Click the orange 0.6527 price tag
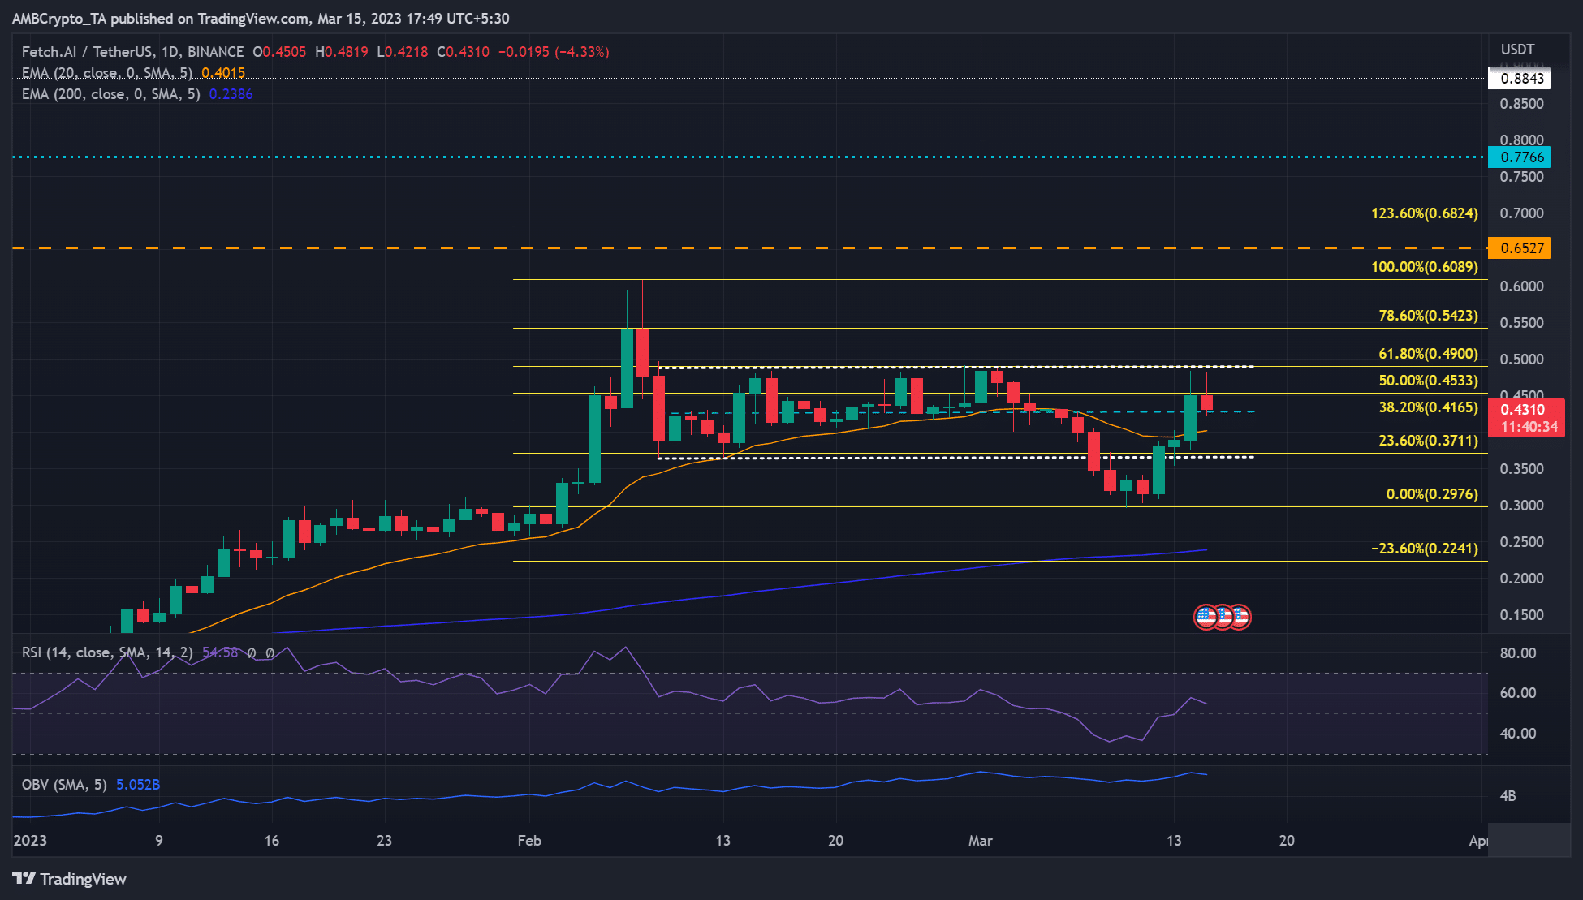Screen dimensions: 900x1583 click(x=1519, y=248)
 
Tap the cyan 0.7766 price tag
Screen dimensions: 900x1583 click(x=1519, y=157)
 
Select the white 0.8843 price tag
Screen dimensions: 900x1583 click(x=1519, y=79)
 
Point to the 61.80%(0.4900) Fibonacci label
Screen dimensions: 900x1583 click(x=1428, y=354)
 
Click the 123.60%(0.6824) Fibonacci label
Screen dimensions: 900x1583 click(x=1424, y=213)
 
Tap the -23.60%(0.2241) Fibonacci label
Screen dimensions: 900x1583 click(x=1424, y=549)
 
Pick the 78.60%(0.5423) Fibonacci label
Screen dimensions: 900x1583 click(x=1428, y=316)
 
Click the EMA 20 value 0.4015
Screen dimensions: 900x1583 click(x=223, y=73)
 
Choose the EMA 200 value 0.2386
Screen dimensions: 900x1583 click(x=231, y=94)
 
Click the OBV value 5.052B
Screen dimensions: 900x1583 click(x=138, y=785)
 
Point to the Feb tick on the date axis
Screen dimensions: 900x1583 click(x=529, y=841)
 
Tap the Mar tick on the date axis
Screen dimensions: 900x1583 click(x=980, y=841)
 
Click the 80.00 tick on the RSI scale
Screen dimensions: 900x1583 click(x=1517, y=653)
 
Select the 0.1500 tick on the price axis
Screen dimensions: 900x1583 click(x=1521, y=615)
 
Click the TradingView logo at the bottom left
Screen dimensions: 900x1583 click(x=70, y=879)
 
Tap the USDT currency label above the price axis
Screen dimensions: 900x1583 click(x=1517, y=50)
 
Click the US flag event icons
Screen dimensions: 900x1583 click(x=1222, y=618)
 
